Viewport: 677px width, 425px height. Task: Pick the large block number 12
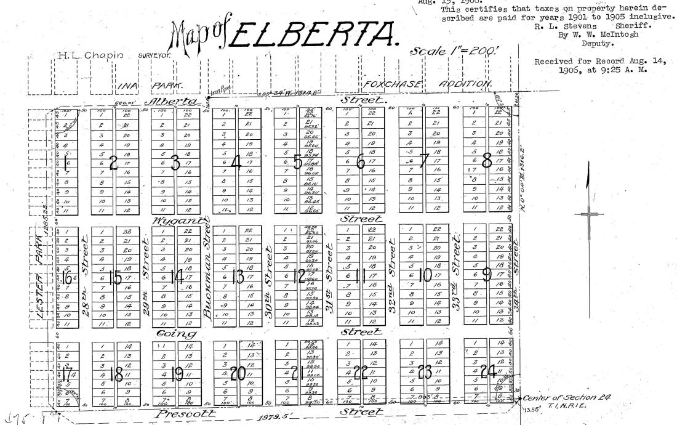pyautogui.click(x=300, y=277)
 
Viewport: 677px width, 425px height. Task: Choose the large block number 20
pyautogui.click(x=238, y=373)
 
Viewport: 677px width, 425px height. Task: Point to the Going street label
pyautogui.click(x=177, y=334)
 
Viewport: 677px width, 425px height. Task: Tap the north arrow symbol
pyautogui.click(x=588, y=212)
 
